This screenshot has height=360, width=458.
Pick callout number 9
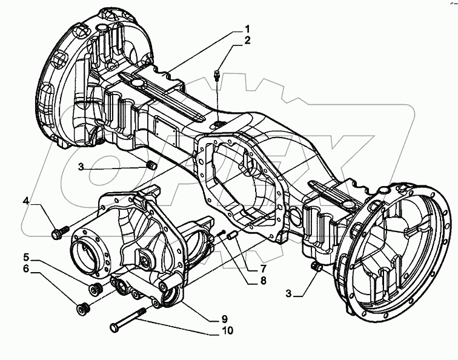(224, 319)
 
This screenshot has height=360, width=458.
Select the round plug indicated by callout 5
(94, 288)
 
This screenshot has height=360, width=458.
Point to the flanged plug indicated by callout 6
(83, 309)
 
